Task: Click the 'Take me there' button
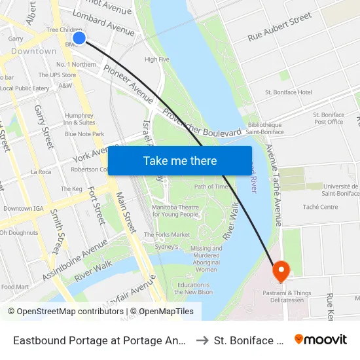tap(180, 160)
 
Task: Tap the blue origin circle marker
tap(79, 38)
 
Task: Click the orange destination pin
tap(281, 270)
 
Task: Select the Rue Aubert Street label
tap(279, 27)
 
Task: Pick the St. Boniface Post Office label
tap(329, 118)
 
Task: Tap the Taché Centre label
tap(320, 207)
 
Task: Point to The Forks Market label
tap(167, 234)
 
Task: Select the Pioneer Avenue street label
tap(128, 81)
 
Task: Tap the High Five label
tap(156, 60)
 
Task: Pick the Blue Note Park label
tap(84, 134)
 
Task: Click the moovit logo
tap(320, 340)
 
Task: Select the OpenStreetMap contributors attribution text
tap(65, 312)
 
